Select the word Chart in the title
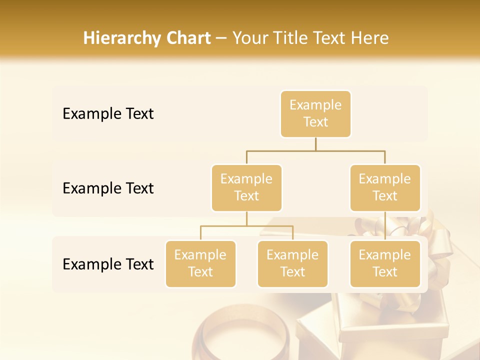pyautogui.click(x=187, y=38)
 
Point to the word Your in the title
pyautogui.click(x=250, y=38)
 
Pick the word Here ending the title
pyautogui.click(x=369, y=38)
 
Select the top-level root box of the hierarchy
pyautogui.click(x=315, y=114)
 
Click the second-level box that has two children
pyautogui.click(x=246, y=188)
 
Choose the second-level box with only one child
pyautogui.click(x=385, y=188)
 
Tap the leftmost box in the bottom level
pyautogui.click(x=200, y=264)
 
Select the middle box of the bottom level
pyautogui.click(x=292, y=264)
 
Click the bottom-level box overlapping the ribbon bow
pyautogui.click(x=385, y=264)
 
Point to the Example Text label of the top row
pyautogui.click(x=108, y=114)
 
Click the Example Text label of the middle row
pyautogui.click(x=108, y=188)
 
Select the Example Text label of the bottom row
pyautogui.click(x=108, y=264)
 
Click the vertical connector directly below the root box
pyautogui.click(x=315, y=144)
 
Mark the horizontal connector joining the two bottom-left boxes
pyautogui.click(x=246, y=226)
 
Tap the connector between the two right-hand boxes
pyautogui.click(x=385, y=226)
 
